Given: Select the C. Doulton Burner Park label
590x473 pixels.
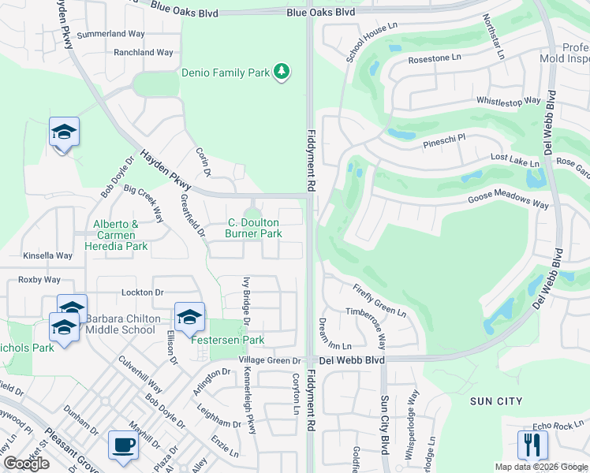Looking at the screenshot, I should pos(253,229).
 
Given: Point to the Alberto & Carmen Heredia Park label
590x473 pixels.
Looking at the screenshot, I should pos(121,235).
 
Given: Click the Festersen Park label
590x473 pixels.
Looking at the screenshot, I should pos(227,340).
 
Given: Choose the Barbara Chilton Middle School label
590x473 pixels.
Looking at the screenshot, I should pos(122,324).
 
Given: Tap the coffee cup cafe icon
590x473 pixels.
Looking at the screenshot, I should pos(122,445).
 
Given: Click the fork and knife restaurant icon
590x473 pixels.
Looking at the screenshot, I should pos(532,445).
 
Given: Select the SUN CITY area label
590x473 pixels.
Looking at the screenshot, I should pos(496,401).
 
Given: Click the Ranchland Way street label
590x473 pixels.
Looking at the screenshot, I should pos(144,53).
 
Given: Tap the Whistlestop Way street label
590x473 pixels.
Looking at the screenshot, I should pos(508,101).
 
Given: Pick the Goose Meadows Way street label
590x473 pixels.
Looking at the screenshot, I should pos(507,203).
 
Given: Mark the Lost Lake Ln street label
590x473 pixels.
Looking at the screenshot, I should pos(514,160).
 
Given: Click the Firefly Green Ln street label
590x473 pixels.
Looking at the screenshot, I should pos(379,300).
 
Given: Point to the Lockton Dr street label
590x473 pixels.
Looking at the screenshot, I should pos(143,292).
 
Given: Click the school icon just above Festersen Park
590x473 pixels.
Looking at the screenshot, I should pos(189,317).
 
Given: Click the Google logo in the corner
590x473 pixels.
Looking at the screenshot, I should pos(26,464).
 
